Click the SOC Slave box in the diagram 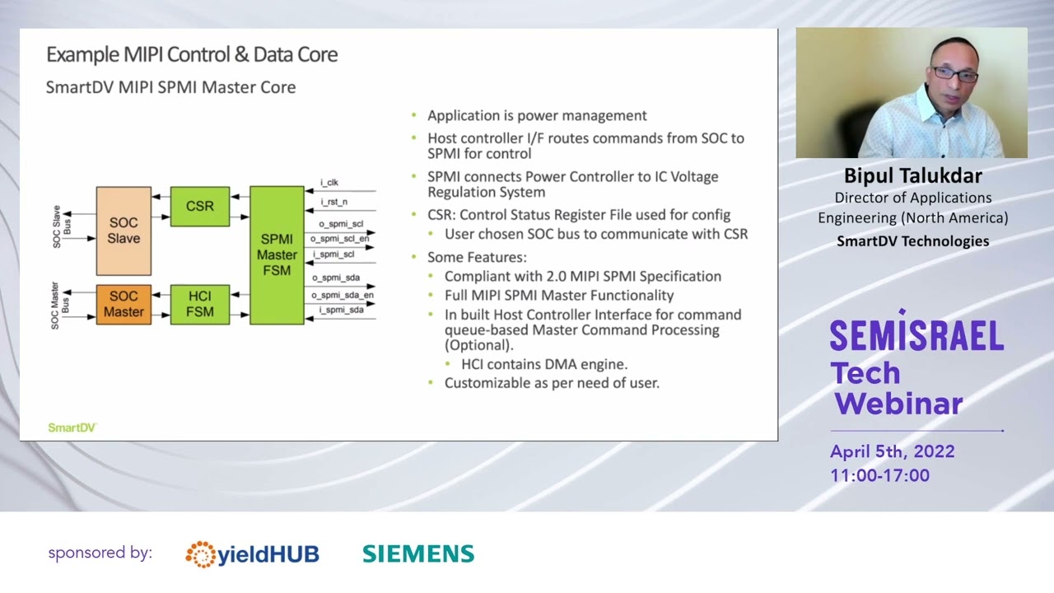pos(124,231)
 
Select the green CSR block pos(199,206)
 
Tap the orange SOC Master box pos(124,304)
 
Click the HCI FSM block pos(199,304)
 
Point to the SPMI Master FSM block pos(277,254)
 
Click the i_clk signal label pos(329,182)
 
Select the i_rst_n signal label pos(333,202)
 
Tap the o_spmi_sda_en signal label pos(343,295)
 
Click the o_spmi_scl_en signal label pos(339,239)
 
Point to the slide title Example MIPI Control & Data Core pos(192,54)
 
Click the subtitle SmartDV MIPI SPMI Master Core pos(170,87)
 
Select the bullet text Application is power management pos(537,116)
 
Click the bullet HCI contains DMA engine pos(544,364)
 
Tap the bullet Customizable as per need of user pos(552,383)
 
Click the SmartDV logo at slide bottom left pos(72,427)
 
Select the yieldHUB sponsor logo pos(252,554)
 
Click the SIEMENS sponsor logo pos(418,554)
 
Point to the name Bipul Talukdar pos(912,175)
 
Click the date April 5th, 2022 pos(893,451)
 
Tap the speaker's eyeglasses pos(954,74)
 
